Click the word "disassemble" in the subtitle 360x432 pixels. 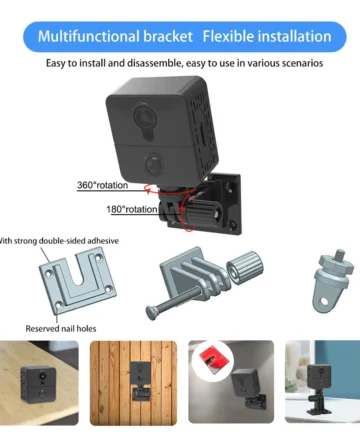(155, 63)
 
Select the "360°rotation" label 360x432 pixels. (102, 185)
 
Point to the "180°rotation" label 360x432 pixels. (132, 209)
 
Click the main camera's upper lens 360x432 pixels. (145, 116)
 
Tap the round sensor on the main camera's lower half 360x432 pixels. (154, 163)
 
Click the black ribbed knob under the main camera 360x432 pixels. (200, 213)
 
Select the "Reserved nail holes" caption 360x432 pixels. (61, 329)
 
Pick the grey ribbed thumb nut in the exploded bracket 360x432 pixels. (245, 268)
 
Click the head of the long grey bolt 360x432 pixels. (152, 313)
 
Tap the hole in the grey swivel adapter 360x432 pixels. (324, 302)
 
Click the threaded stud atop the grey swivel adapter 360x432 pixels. (340, 256)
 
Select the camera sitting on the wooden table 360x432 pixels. (39, 384)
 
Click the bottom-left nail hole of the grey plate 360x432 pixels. (58, 305)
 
